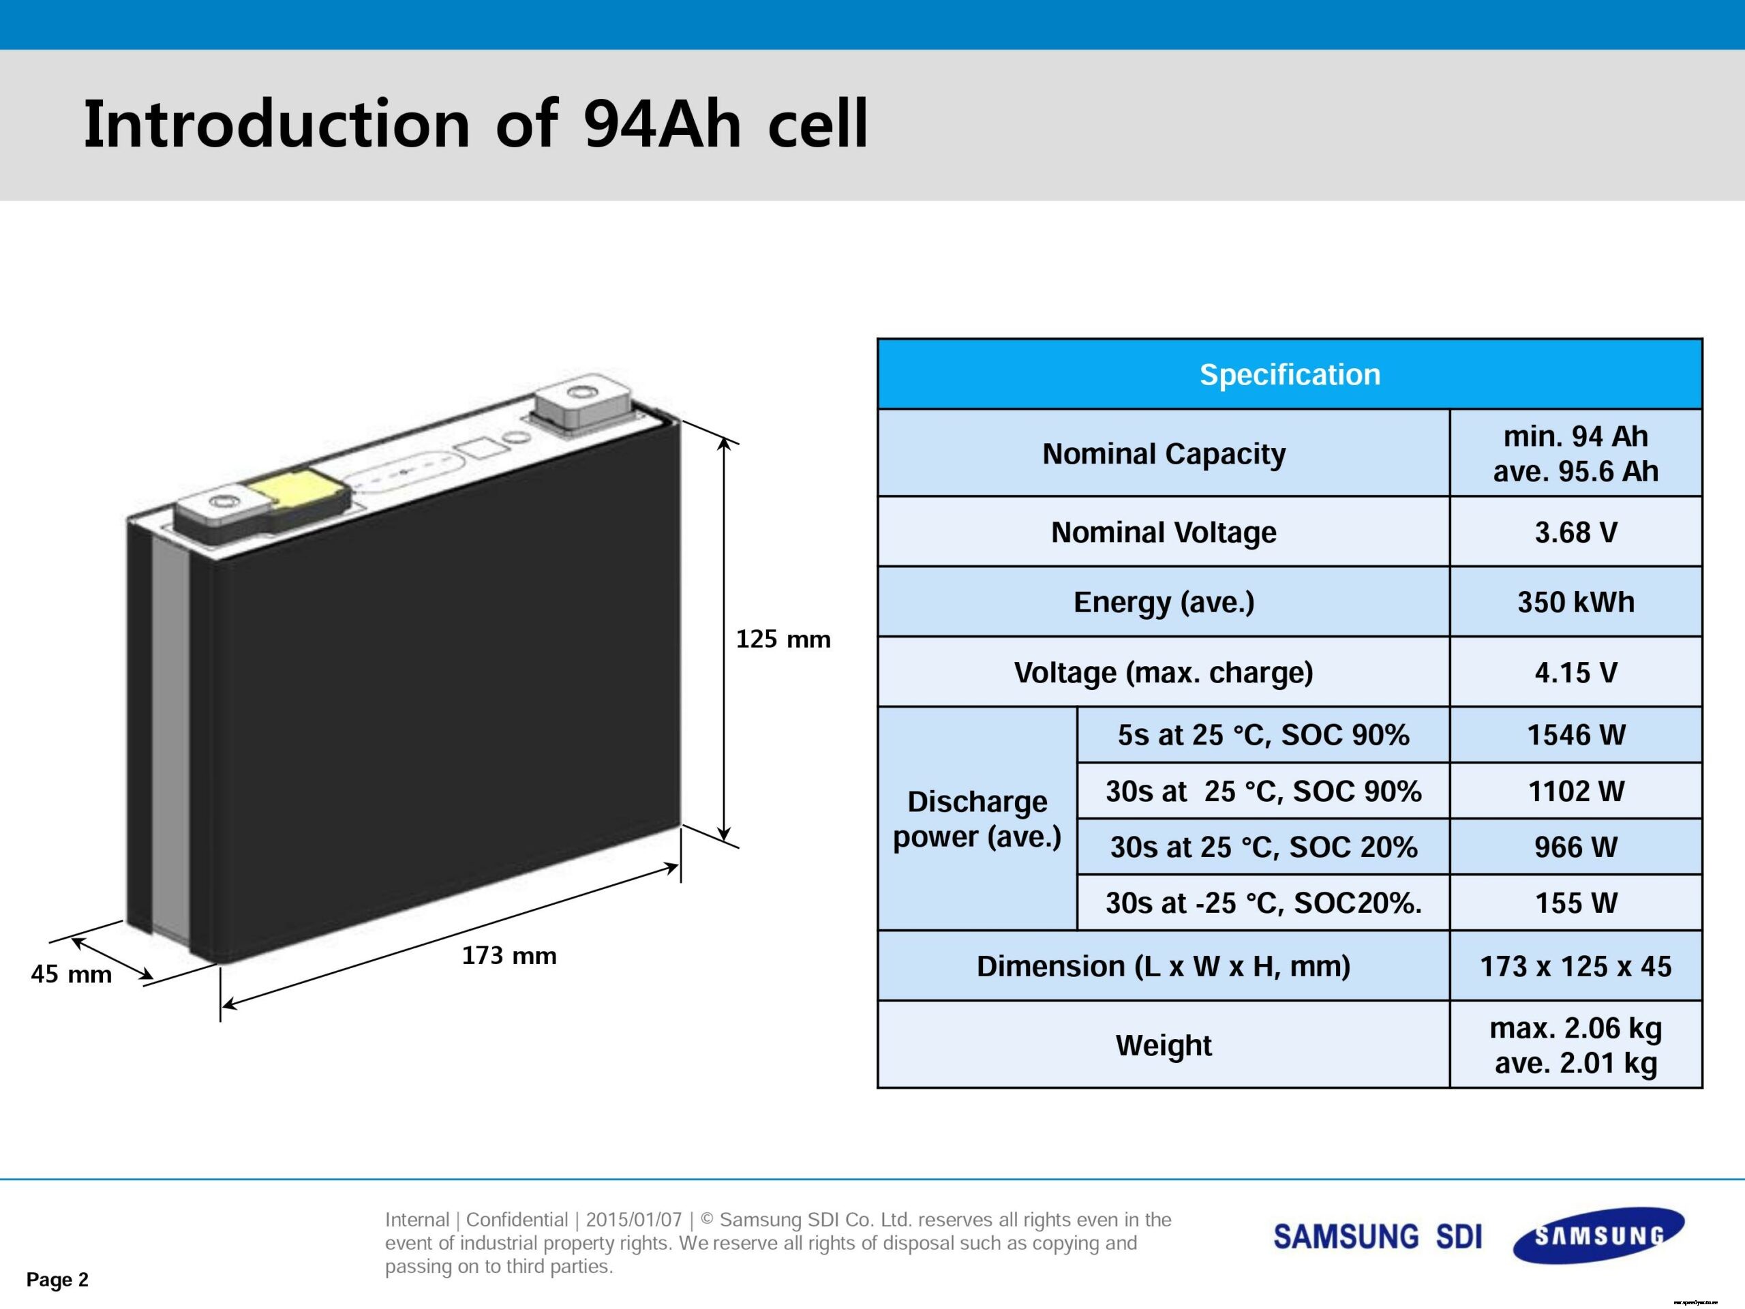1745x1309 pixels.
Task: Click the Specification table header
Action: (1289, 374)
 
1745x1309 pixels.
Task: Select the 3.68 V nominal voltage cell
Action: (1575, 532)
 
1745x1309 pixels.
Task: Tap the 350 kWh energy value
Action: (1575, 602)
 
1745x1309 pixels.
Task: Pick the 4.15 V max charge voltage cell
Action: (1575, 672)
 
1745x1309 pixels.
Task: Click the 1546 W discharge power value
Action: (1575, 734)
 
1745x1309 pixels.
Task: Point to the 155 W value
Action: (1575, 903)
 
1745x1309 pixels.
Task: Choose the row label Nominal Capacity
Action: (1164, 453)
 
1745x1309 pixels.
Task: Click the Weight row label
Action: (1164, 1044)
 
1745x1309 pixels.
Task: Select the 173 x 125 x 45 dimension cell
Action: (1575, 966)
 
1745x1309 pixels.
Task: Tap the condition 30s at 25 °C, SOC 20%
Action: (1263, 847)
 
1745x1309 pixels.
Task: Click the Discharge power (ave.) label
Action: (977, 819)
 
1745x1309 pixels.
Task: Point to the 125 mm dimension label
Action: (783, 639)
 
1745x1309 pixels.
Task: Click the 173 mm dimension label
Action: (509, 956)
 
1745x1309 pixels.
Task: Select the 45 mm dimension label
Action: (71, 974)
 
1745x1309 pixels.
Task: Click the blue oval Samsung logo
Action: (1599, 1235)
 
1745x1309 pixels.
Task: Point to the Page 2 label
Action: (57, 1279)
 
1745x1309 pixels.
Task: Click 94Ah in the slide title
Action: (663, 124)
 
